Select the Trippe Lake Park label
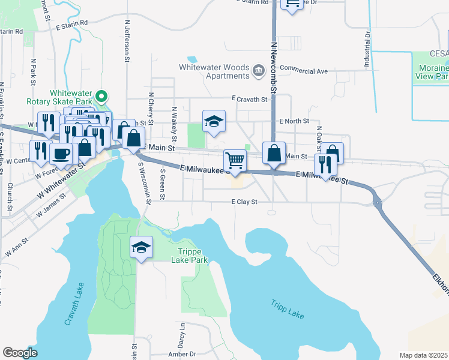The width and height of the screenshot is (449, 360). pos(193,256)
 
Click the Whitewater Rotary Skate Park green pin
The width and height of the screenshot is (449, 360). pos(102,95)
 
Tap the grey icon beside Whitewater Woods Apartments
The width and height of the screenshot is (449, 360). pos(259,70)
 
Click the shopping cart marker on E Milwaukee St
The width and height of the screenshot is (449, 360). pos(235,161)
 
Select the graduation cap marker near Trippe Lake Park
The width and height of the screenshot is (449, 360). pos(142,247)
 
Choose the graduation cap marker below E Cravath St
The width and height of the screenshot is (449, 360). pos(214,121)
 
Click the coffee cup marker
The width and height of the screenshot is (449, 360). pos(61,154)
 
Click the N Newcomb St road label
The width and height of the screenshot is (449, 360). pos(273,65)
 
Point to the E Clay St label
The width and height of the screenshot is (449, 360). pos(244,202)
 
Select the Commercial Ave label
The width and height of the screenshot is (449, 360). pos(303,71)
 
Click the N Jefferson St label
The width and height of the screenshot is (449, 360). pos(127,41)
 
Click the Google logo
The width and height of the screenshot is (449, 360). pos(20,352)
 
